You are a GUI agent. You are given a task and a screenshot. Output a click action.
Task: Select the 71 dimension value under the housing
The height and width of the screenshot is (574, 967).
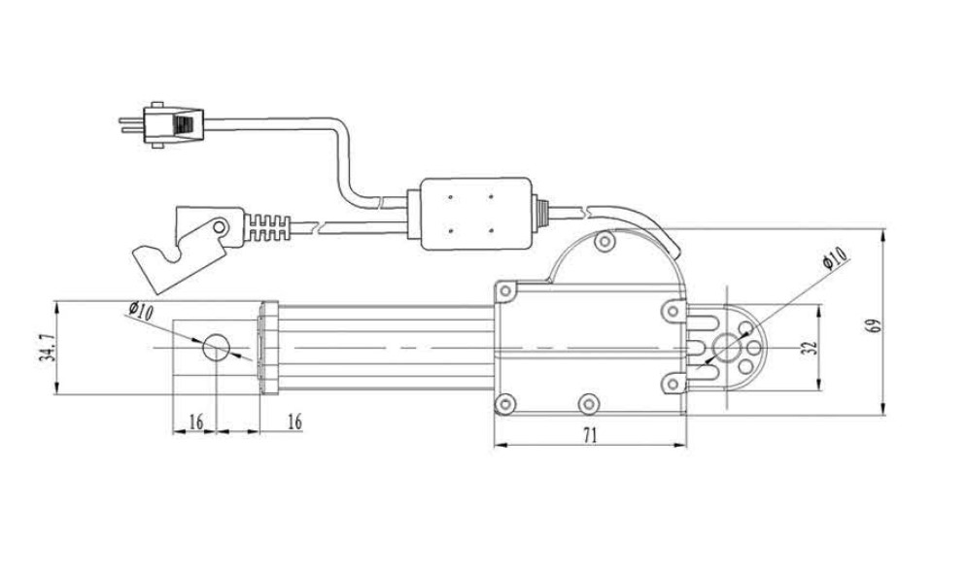(x=590, y=436)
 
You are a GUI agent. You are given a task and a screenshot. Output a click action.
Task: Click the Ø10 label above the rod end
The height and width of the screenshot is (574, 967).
(x=140, y=311)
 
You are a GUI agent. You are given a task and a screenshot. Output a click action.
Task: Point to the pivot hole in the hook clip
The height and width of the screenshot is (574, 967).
(x=221, y=229)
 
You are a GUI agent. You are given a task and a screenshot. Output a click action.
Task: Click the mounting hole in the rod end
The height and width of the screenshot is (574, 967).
(x=215, y=347)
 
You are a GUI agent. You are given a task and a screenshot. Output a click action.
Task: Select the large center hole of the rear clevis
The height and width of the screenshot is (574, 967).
(x=726, y=347)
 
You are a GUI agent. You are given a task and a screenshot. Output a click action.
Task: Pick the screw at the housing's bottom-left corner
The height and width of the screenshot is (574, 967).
(x=502, y=402)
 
